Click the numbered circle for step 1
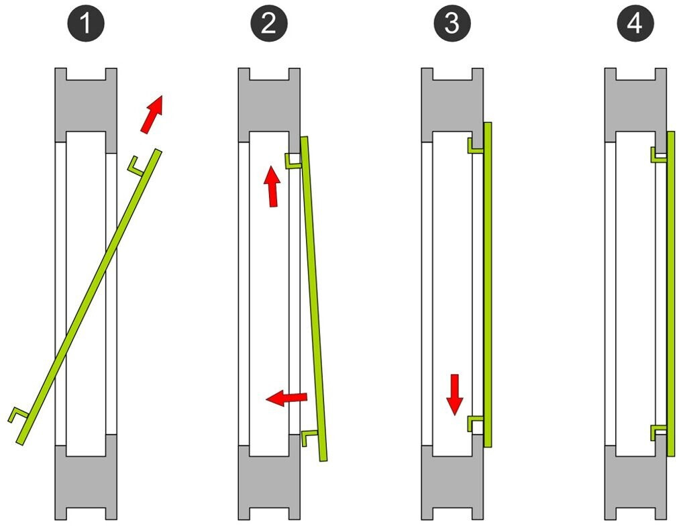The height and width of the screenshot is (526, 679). click(x=86, y=25)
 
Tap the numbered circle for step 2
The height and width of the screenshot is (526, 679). click(x=268, y=25)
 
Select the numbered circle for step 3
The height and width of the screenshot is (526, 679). click(x=452, y=25)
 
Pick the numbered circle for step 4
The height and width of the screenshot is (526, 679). click(x=634, y=25)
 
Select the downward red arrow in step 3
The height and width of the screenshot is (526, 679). click(x=455, y=394)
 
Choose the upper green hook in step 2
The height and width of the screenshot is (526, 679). click(x=293, y=161)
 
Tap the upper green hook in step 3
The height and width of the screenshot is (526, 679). click(x=475, y=146)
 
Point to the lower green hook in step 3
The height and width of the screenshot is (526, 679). click(x=475, y=423)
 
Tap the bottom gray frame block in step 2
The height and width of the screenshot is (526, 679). click(x=268, y=480)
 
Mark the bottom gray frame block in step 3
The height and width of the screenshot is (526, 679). click(x=452, y=480)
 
